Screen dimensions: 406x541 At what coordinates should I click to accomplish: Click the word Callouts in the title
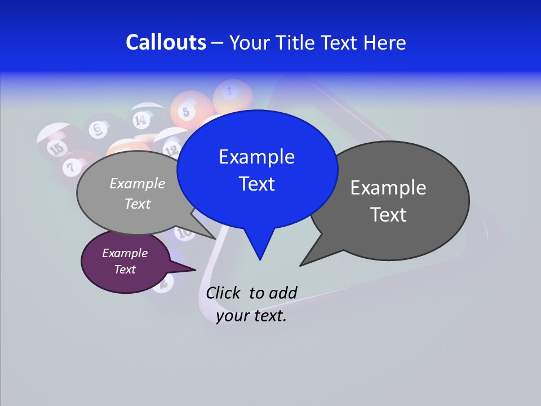166,42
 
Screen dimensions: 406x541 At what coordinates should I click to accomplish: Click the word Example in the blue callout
256,157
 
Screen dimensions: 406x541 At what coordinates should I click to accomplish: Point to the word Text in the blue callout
256,184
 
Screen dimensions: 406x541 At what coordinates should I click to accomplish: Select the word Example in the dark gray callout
388,188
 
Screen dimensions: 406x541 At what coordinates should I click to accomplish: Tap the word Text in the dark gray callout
388,215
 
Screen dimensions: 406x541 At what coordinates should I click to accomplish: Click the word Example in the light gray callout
138,183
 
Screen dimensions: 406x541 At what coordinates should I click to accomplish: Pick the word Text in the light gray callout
138,204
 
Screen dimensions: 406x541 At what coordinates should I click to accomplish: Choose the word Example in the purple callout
125,253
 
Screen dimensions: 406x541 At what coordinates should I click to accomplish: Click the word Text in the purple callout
125,270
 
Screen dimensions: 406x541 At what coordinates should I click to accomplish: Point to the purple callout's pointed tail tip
195,270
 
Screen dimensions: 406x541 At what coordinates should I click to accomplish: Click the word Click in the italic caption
225,293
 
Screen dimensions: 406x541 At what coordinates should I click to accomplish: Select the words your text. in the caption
251,316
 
